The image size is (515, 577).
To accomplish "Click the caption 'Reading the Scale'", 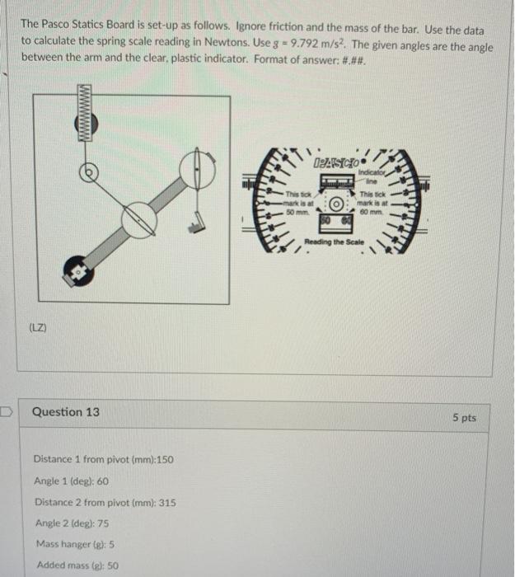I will (x=333, y=242).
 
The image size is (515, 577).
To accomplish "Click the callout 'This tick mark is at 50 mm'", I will (x=297, y=201).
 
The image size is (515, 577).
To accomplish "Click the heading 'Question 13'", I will (x=66, y=411).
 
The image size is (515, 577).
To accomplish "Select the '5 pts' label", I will (x=464, y=418).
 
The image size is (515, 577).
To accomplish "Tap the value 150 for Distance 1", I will (x=163, y=459).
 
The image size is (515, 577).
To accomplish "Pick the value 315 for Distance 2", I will (x=166, y=502).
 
